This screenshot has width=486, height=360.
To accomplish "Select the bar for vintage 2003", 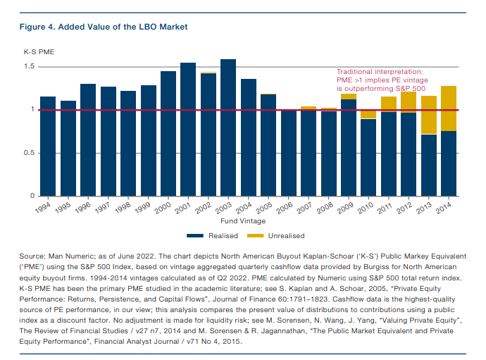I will click(x=228, y=127).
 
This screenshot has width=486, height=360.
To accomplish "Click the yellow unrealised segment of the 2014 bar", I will click(x=449, y=108).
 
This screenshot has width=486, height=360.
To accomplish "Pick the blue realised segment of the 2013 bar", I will click(x=429, y=165).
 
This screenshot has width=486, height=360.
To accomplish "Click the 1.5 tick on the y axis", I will click(x=30, y=67).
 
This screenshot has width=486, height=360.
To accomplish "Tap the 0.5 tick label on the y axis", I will click(x=30, y=153).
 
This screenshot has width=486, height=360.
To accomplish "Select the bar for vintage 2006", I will click(x=288, y=153).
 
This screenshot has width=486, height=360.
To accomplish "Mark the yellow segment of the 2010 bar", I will click(x=368, y=114).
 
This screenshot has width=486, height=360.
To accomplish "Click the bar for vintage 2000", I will click(x=168, y=133).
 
